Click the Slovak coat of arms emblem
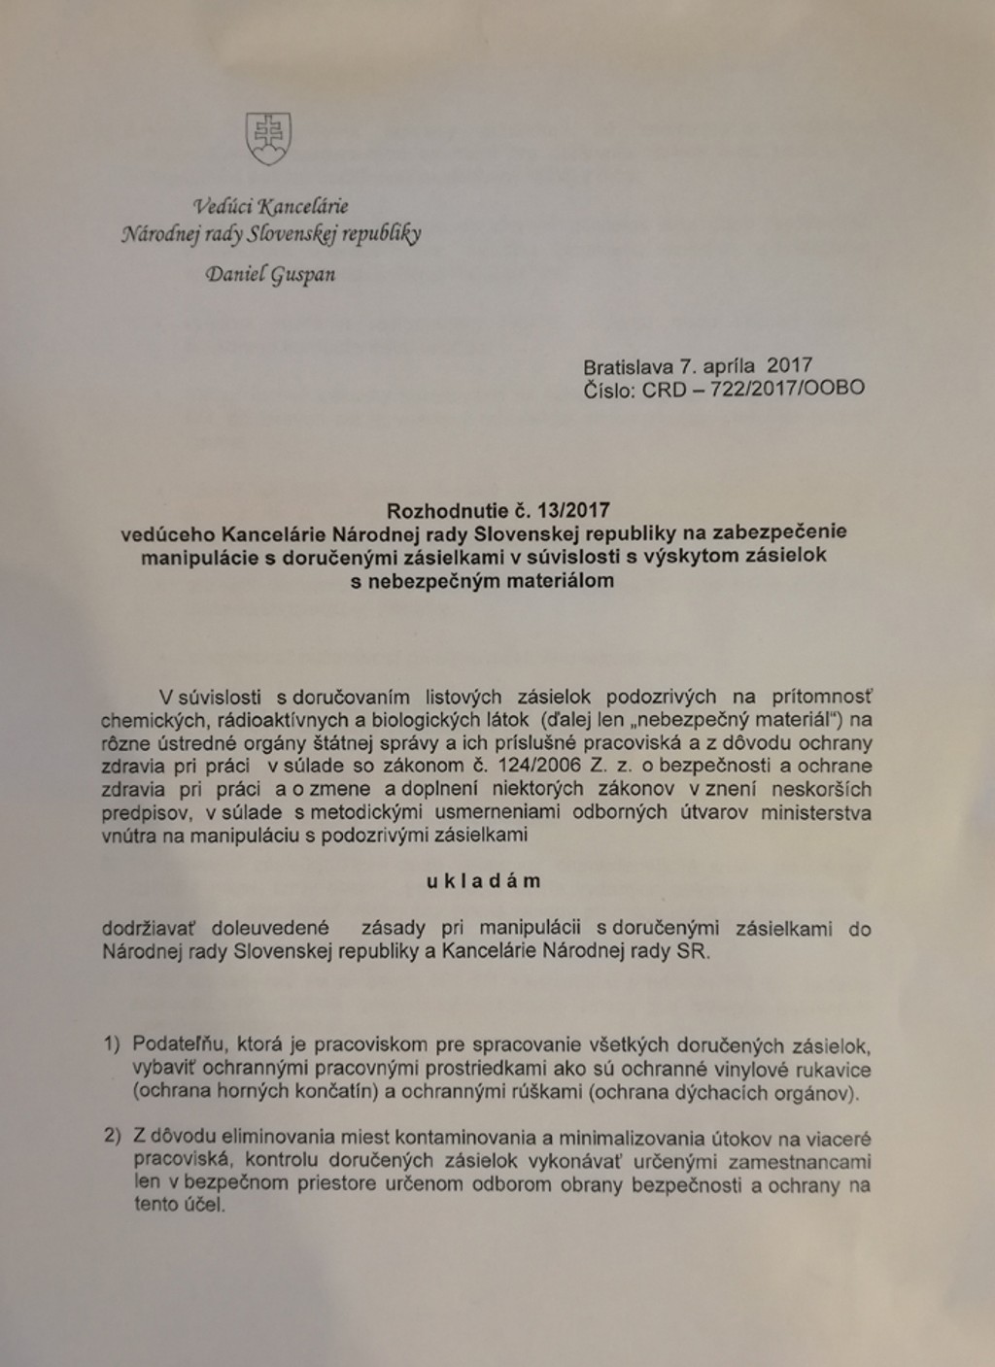(268, 138)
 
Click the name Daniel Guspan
(270, 274)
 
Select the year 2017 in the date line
(789, 366)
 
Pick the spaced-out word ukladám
(483, 881)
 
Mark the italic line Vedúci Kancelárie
(270, 205)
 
